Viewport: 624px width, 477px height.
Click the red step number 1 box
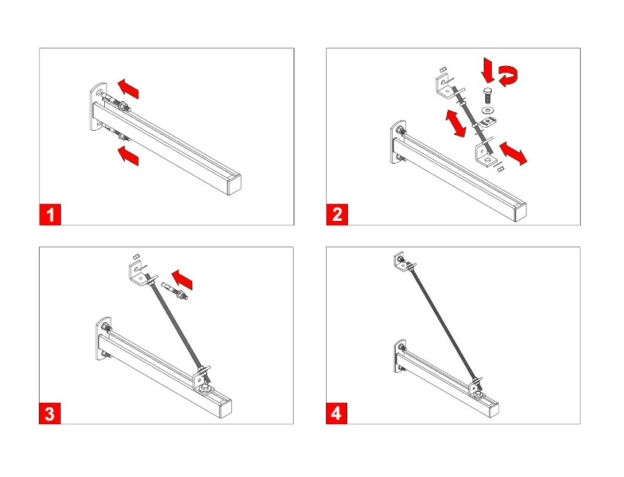click(50, 215)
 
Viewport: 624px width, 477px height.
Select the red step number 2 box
click(337, 215)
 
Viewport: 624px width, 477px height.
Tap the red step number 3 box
click(50, 413)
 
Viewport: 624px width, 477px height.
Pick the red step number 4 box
click(336, 413)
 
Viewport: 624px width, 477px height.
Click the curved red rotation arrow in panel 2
click(509, 76)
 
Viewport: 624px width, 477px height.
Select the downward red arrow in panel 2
click(487, 70)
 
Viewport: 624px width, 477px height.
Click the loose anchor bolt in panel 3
click(175, 291)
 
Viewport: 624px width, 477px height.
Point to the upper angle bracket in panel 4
click(400, 262)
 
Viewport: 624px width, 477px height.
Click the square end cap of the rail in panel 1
click(234, 186)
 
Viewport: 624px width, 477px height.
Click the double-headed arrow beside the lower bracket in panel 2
click(513, 153)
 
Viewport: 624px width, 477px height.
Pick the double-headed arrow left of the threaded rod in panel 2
click(455, 123)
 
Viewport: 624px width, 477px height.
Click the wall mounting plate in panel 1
click(98, 106)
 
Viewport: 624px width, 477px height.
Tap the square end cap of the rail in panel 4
click(493, 410)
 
